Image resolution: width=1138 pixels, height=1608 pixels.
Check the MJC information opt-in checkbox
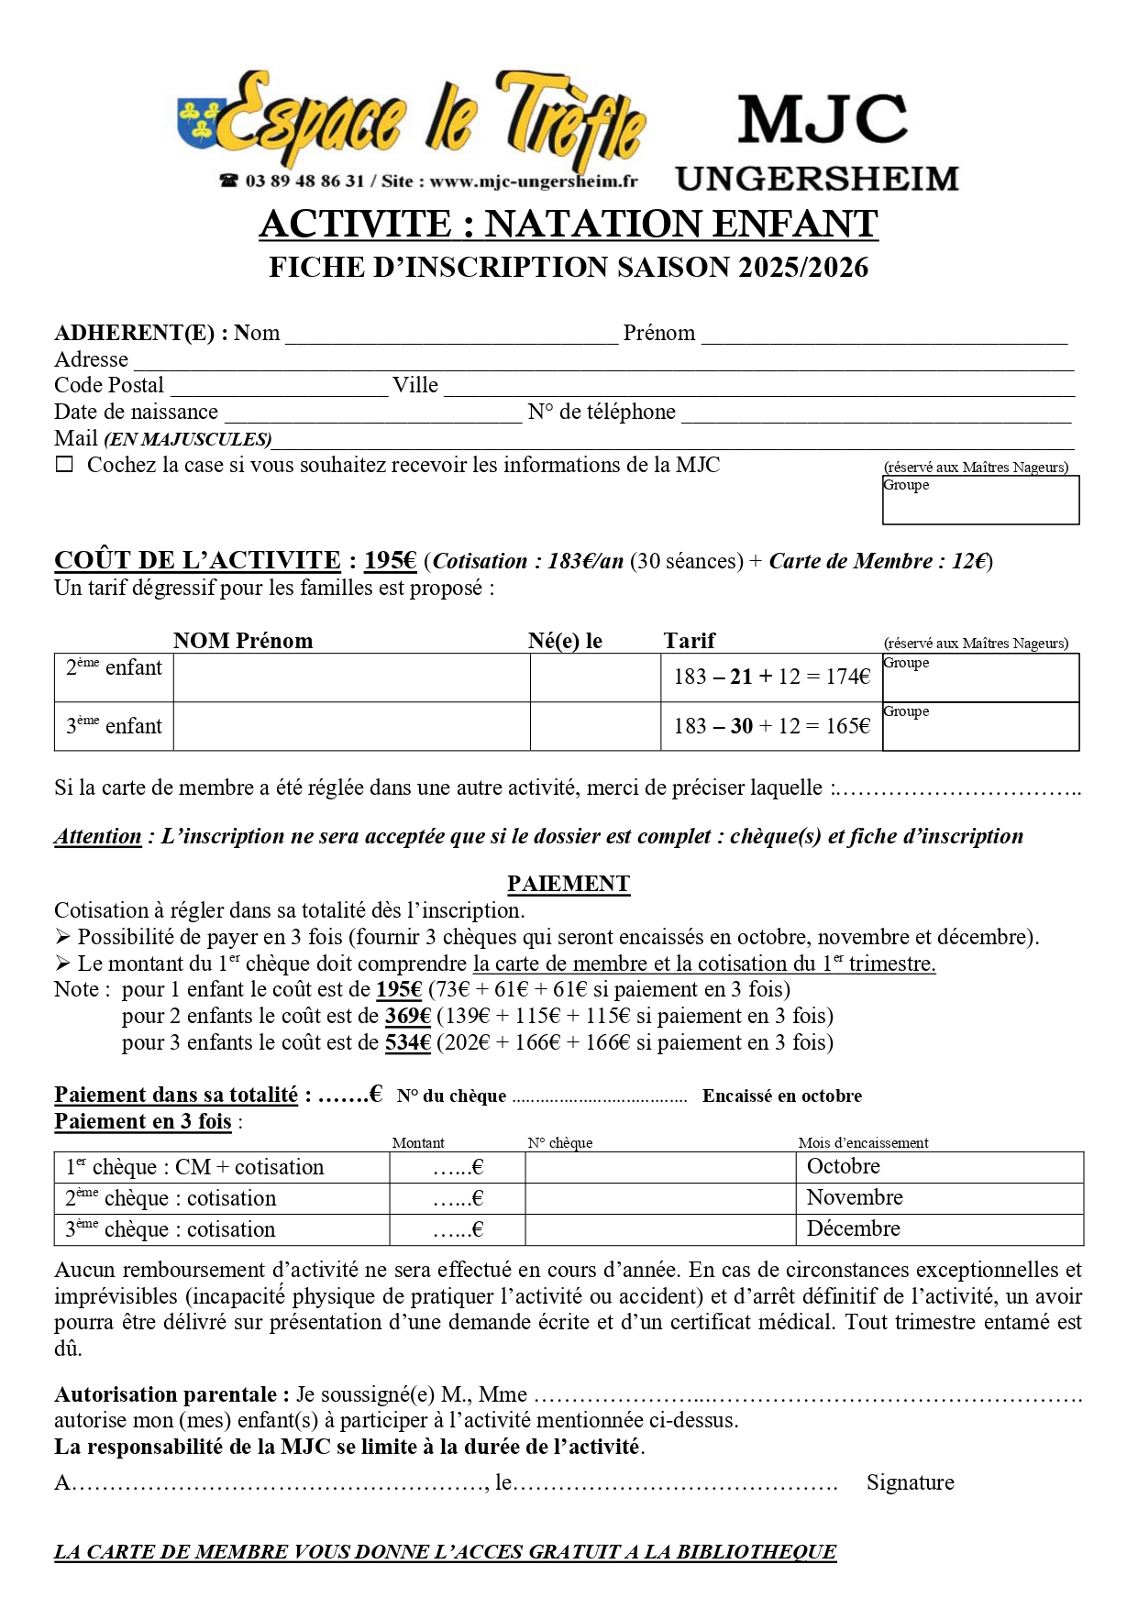[64, 465]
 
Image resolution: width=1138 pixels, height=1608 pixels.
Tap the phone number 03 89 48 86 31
[304, 181]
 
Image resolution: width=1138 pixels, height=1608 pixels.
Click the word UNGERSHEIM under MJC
[817, 178]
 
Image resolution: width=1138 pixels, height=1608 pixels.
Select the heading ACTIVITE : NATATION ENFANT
[569, 224]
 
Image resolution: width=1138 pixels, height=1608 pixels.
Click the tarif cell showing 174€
[771, 677]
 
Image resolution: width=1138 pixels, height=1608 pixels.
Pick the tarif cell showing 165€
[771, 726]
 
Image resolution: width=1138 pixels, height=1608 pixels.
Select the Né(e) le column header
[565, 641]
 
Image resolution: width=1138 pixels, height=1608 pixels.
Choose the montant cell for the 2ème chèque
[458, 1198]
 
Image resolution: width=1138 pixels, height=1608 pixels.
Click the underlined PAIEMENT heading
[569, 884]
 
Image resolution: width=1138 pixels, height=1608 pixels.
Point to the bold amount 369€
[408, 1016]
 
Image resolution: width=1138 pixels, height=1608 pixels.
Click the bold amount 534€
[408, 1042]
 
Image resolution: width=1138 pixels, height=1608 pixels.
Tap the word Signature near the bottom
[910, 1482]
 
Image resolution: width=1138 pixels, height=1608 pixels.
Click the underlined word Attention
[97, 836]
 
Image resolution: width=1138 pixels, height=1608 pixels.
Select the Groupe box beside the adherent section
[980, 500]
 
